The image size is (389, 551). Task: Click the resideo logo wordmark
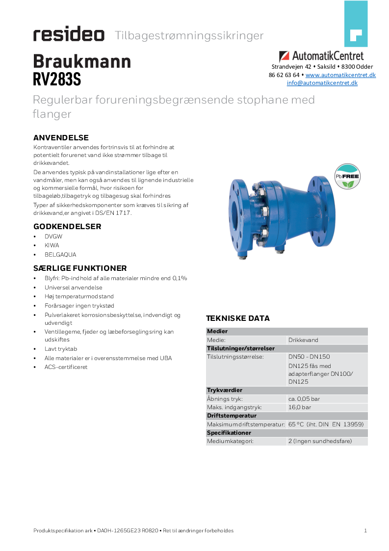[x=69, y=35]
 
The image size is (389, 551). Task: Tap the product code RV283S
[x=57, y=79]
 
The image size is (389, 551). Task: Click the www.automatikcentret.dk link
[x=340, y=75]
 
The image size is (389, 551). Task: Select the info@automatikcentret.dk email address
[x=322, y=83]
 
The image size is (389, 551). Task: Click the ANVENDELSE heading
[x=61, y=137]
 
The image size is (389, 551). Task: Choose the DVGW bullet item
[x=53, y=236]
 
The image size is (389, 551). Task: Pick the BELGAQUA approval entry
[x=60, y=255]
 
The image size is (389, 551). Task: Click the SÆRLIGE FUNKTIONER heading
[x=80, y=268]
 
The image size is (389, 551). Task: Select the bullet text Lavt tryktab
[x=61, y=349]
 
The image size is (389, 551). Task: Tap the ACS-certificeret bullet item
[x=66, y=367]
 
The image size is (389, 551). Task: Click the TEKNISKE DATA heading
[x=237, y=318]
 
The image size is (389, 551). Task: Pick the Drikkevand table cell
[x=303, y=340]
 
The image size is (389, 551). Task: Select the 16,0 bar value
[x=300, y=407]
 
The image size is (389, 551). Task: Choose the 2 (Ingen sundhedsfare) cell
[x=320, y=441]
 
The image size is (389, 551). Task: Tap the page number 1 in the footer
[x=365, y=530]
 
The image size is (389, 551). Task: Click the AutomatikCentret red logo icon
[x=285, y=56]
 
